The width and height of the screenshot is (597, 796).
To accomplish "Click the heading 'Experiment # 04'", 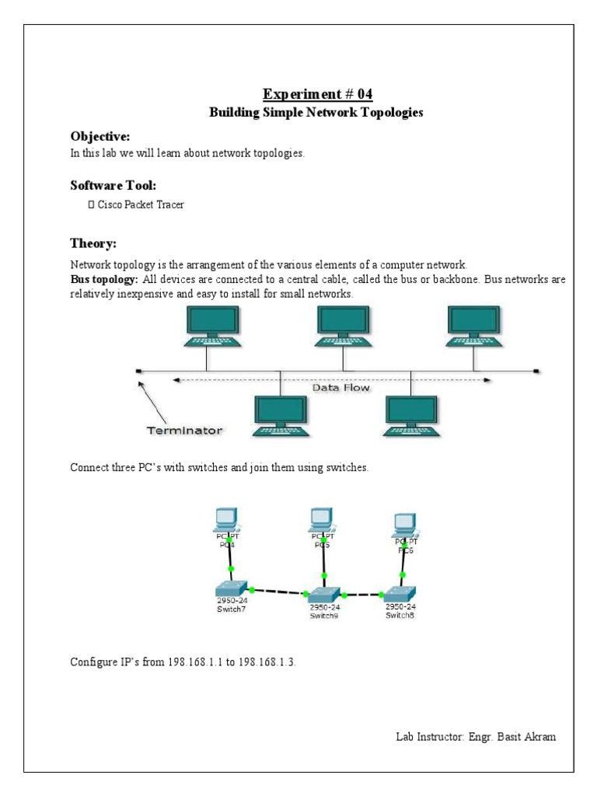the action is pos(317,95).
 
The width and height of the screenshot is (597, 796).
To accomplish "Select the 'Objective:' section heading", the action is pos(100,136).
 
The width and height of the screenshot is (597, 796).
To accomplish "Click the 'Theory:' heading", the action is pos(93,243).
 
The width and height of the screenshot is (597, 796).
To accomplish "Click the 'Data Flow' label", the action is pos(340,386).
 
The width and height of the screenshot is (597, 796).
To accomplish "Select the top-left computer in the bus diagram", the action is pos(212,326).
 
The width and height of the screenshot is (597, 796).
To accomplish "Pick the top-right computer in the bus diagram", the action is pos(474,326).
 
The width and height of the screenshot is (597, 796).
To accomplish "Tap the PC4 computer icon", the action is pos(226,518).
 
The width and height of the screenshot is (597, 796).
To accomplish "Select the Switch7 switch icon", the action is pos(232,587).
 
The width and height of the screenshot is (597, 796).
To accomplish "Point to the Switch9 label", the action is pos(323,616).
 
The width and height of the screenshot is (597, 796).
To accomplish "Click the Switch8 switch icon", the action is pos(400,592).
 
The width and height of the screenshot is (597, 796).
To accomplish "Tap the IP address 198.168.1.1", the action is pos(190,663).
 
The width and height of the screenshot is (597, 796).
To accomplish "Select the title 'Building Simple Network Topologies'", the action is pos(316,113).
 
